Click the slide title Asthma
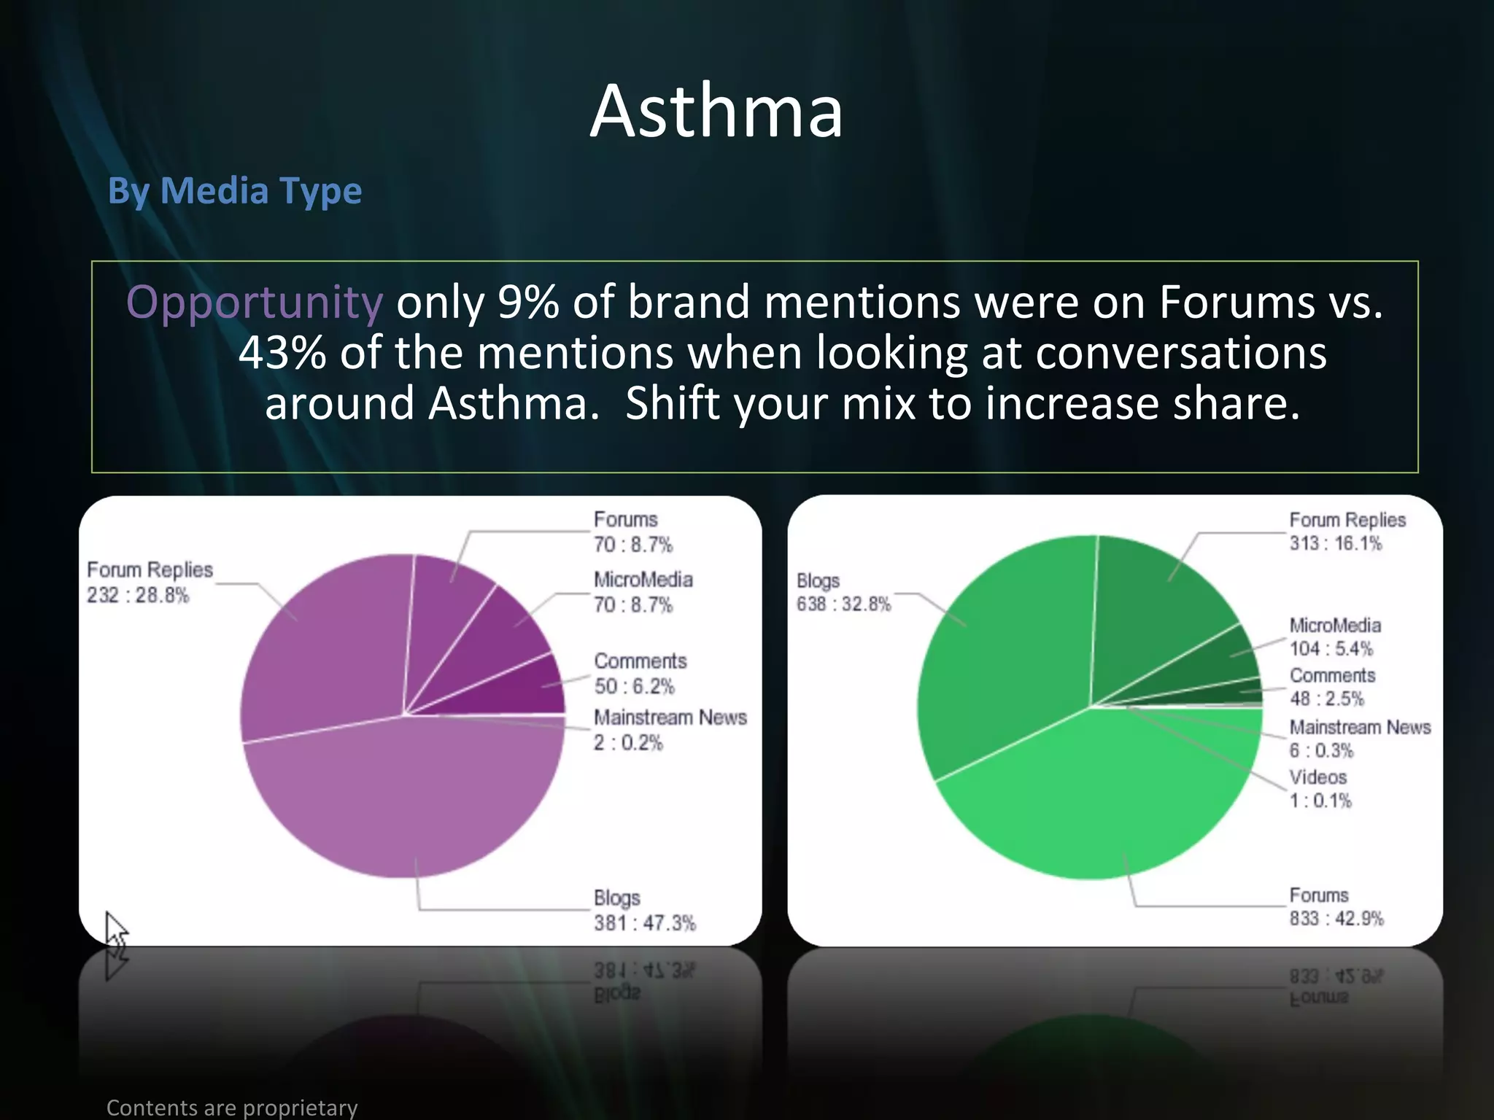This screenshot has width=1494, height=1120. (716, 112)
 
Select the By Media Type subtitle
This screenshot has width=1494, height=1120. (234, 191)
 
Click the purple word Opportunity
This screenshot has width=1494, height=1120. (254, 302)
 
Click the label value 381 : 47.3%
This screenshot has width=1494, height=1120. (645, 923)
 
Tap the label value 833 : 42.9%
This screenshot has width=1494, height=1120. (1336, 918)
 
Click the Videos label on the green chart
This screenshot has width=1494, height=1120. (1317, 777)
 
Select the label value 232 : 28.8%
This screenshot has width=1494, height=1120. (138, 595)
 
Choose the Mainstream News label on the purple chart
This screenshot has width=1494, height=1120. (670, 717)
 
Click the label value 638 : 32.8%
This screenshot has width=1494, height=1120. (843, 604)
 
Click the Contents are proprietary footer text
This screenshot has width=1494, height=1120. (232, 1108)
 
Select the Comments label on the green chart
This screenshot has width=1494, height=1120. (1332, 675)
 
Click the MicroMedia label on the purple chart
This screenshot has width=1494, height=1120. (643, 580)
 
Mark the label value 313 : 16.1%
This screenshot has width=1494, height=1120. (1335, 543)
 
